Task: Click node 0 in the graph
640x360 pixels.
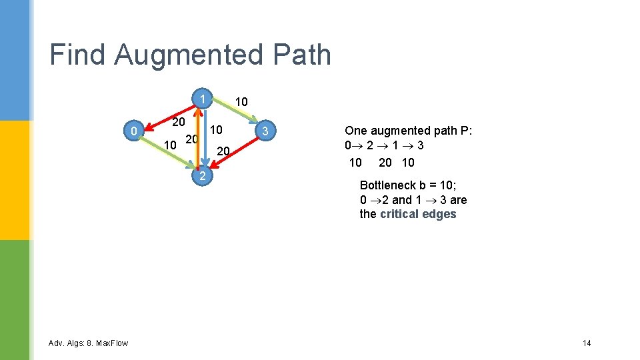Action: pos(135,132)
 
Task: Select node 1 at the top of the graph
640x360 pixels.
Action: pos(202,99)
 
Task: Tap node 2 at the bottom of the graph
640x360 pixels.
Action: pos(202,176)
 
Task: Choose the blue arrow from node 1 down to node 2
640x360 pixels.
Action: pos(205,137)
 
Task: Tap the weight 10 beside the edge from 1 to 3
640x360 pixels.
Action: pos(241,102)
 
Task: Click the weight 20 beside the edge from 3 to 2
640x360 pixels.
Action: pos(223,152)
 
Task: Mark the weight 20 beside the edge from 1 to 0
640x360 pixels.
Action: pos(178,122)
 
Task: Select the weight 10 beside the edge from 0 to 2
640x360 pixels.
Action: pos(170,145)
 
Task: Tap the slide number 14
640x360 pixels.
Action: pos(587,343)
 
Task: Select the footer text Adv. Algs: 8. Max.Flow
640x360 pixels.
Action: pos(89,343)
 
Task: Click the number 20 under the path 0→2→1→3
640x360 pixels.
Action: pos(385,162)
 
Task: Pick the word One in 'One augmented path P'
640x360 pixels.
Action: pos(355,131)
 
